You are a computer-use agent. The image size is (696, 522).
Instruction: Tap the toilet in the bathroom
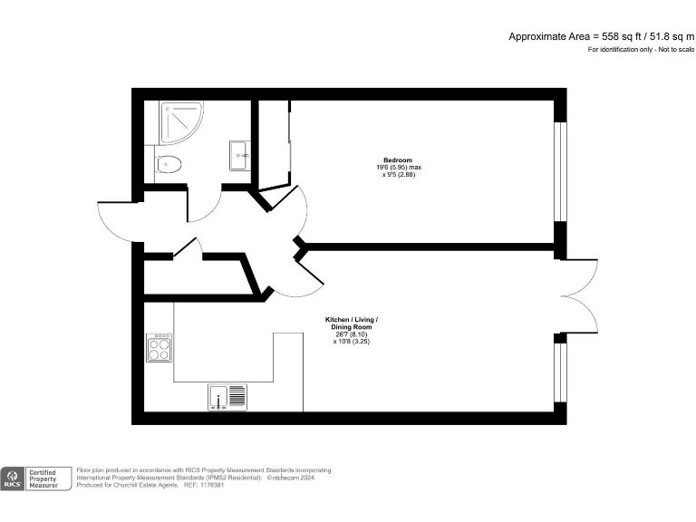pos(168,164)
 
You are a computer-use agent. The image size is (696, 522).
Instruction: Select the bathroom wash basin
pos(239,155)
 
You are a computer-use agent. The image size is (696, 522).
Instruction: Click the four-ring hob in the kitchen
pos(159,348)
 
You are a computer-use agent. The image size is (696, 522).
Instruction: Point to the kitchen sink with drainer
pos(227,397)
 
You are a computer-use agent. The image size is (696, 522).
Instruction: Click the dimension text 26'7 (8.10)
pos(352,334)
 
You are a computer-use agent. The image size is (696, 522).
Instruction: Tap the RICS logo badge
pos(14,478)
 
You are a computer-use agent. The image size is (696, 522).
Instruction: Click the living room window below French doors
pos(561,372)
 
